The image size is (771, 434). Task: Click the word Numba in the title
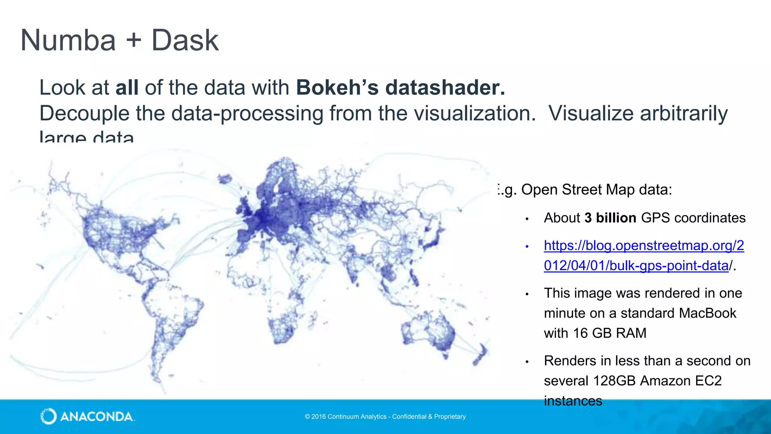pyautogui.click(x=68, y=40)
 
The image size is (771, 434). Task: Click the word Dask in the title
pyautogui.click(x=185, y=40)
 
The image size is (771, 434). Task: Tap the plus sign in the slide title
pyautogui.click(x=134, y=41)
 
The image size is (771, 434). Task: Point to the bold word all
pyautogui.click(x=127, y=87)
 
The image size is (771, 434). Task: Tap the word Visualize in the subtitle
pyautogui.click(x=591, y=113)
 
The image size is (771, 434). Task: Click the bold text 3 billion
pyautogui.click(x=610, y=218)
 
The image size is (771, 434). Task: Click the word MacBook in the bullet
pyautogui.click(x=708, y=313)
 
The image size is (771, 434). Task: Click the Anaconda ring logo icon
pyautogui.click(x=49, y=416)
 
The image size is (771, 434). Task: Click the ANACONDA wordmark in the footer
pyautogui.click(x=97, y=417)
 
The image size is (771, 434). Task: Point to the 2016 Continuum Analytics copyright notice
pyautogui.click(x=385, y=417)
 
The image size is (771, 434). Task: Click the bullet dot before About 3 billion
pyautogui.click(x=527, y=219)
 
